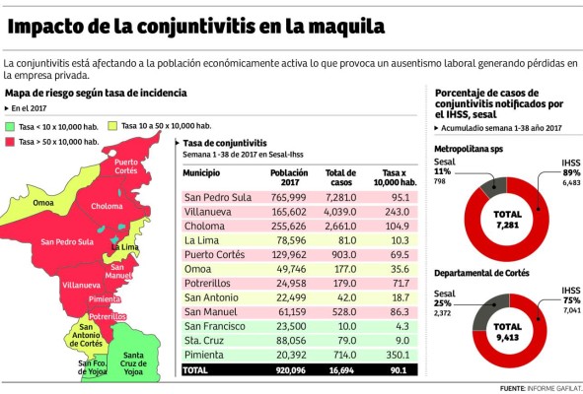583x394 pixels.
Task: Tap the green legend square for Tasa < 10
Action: pos(9,127)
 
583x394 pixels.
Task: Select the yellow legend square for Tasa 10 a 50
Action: pos(113,126)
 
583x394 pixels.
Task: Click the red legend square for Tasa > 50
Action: pos(9,143)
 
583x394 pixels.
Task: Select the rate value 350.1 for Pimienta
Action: pos(398,355)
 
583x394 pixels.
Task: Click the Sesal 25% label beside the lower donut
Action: pos(443,296)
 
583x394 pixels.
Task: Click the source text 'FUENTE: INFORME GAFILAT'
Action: pos(539,388)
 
